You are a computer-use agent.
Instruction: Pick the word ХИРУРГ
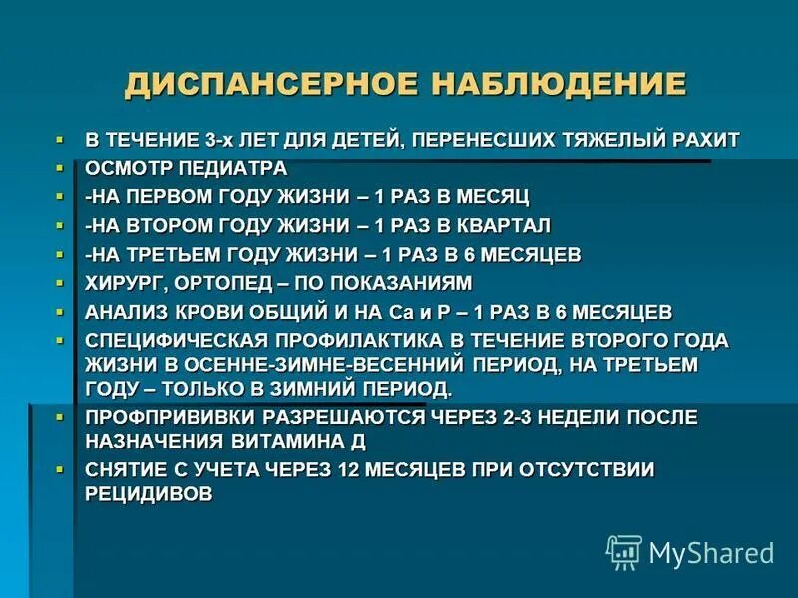[121, 283]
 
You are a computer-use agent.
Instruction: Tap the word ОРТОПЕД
[213, 283]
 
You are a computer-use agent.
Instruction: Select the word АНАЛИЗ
[126, 312]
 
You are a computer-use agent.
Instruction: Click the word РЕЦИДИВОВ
[151, 493]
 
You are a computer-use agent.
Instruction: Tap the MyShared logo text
[711, 552]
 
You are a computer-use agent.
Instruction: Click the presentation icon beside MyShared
[624, 552]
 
